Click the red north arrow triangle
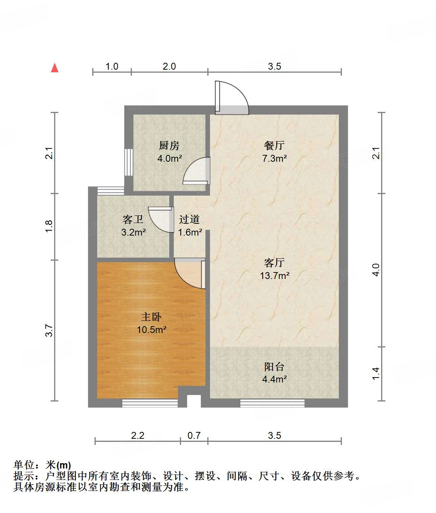coord(55,68)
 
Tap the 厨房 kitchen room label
coord(169,145)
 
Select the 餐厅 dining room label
coord(274,145)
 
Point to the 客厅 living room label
coord(274,263)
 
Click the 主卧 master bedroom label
coord(151,317)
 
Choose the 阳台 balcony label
coord(274,366)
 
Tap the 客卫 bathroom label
coord(133,219)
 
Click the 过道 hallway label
coord(189,219)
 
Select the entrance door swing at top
coord(232,98)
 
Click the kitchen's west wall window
coord(129,162)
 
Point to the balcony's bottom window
coord(272,403)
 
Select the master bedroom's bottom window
coord(150,403)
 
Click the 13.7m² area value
coord(274,276)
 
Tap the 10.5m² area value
coord(151,330)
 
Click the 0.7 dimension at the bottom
coord(194,435)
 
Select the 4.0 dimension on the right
coord(376,270)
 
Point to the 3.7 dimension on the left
coord(49,330)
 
